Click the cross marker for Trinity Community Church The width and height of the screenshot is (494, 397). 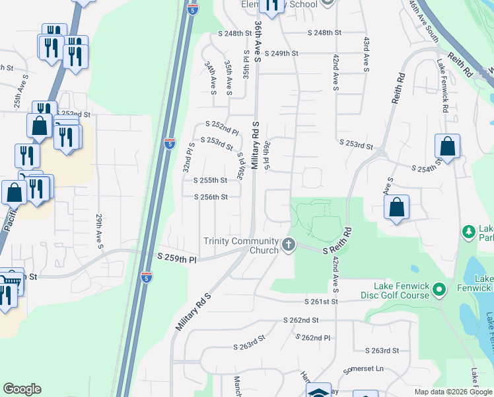pyautogui.click(x=288, y=245)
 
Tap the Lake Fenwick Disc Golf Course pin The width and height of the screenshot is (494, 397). pyautogui.click(x=442, y=290)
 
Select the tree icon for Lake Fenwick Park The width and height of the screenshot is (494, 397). pyautogui.click(x=469, y=232)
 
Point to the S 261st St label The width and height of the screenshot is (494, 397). pyautogui.click(x=321, y=302)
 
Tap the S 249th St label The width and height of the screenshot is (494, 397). pyautogui.click(x=282, y=53)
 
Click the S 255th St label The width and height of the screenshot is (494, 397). pyautogui.click(x=211, y=180)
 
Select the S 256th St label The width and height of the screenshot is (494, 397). pyautogui.click(x=211, y=197)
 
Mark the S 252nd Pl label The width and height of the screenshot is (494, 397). pyautogui.click(x=221, y=126)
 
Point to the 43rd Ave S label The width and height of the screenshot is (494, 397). pyautogui.click(x=365, y=53)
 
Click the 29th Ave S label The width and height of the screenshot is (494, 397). pyautogui.click(x=99, y=231)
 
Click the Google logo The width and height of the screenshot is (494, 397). pyautogui.click(x=22, y=389)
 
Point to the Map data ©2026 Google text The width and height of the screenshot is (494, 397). pyautogui.click(x=453, y=392)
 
